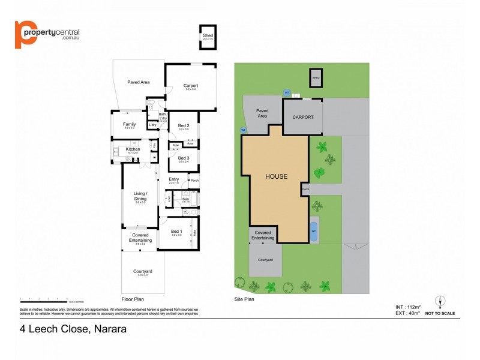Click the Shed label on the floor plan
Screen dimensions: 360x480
[208, 35]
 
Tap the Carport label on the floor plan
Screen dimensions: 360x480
[191, 86]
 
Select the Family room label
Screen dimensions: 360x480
[130, 124]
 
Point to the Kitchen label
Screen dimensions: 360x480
[133, 149]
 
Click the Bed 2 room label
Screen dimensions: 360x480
[184, 125]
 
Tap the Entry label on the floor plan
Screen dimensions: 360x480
[174, 179]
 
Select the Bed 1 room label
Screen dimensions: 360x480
[176, 232]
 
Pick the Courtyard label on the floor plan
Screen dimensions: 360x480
[143, 271]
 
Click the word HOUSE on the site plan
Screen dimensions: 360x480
[277, 176]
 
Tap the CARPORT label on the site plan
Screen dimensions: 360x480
[303, 117]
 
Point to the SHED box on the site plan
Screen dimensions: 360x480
[316, 78]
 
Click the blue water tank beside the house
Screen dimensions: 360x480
[313, 229]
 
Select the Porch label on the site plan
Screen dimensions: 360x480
[305, 190]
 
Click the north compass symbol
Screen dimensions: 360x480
[440, 301]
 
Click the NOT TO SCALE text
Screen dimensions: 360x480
[440, 313]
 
